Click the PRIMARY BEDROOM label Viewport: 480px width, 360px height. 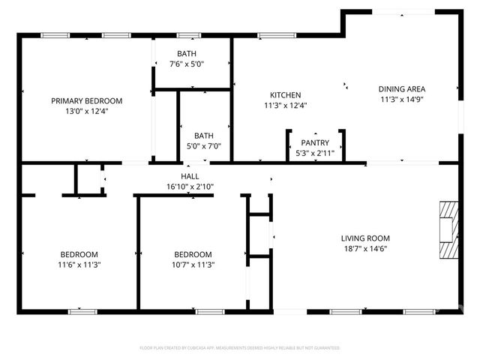[x=86, y=100]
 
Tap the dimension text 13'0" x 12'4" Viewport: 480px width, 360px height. [x=86, y=111]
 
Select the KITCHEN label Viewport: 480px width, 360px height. [x=285, y=95]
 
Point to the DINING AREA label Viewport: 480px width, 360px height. [x=401, y=88]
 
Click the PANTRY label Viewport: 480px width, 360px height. [x=315, y=142]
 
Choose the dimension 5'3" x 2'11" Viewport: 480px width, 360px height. [x=315, y=152]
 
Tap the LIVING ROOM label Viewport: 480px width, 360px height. [x=365, y=238]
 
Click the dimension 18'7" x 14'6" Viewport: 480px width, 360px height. [x=365, y=248]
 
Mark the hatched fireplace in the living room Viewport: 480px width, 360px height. [x=448, y=230]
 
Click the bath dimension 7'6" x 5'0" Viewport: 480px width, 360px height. [x=187, y=64]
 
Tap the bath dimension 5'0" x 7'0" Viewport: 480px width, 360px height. [x=193, y=146]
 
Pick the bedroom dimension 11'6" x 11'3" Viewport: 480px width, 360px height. [x=79, y=265]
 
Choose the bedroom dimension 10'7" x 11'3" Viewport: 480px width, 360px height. [x=193, y=265]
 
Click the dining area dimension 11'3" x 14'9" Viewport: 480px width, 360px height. [x=401, y=99]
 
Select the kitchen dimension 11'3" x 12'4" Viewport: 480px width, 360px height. [x=285, y=106]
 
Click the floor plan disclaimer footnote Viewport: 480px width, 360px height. [x=240, y=348]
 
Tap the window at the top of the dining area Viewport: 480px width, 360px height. [x=403, y=11]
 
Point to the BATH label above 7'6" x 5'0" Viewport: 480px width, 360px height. [x=187, y=53]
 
